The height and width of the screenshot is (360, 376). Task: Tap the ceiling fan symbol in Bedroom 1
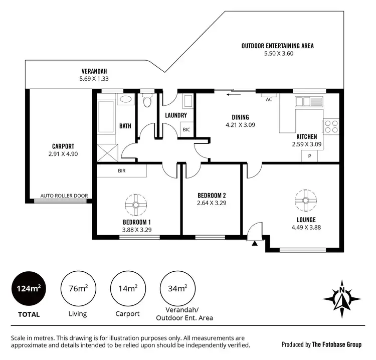[136, 204]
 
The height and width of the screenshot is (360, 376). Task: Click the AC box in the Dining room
[269, 99]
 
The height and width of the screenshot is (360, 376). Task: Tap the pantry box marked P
[309, 156]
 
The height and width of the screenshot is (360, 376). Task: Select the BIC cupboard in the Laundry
[187, 129]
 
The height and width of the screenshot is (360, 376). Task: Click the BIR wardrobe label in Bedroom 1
[122, 171]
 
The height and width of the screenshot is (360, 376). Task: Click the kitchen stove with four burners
[331, 125]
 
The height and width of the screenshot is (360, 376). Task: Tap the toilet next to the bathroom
[147, 102]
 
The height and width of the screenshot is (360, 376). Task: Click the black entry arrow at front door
[255, 243]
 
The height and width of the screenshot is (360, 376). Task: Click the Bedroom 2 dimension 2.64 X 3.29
[212, 203]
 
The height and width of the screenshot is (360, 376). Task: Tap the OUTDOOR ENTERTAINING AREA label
[277, 46]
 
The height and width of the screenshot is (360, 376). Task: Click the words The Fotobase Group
[336, 344]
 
